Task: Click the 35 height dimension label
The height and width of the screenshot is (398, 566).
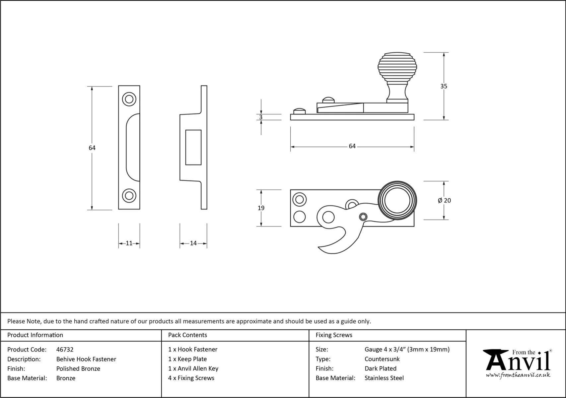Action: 444,86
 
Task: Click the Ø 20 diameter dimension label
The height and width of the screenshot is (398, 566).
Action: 444,200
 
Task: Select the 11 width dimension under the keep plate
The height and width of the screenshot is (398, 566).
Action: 129,243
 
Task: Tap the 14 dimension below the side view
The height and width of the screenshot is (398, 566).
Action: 193,243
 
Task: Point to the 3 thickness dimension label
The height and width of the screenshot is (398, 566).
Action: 261,117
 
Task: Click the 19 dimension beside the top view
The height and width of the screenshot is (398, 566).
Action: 261,208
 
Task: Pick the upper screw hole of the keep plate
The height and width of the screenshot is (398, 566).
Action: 129,99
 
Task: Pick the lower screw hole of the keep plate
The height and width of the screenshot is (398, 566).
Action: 129,195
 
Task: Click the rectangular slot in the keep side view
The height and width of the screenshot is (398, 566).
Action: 193,147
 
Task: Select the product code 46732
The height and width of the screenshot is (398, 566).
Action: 65,350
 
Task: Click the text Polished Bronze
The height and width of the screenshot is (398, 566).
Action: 78,368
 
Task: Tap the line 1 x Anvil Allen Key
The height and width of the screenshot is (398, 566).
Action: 193,368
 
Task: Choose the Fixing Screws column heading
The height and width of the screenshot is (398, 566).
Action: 334,335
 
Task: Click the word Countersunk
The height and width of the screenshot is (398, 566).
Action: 382,359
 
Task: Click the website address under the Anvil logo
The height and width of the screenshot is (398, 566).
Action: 518,375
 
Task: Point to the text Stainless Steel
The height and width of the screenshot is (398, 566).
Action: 384,378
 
